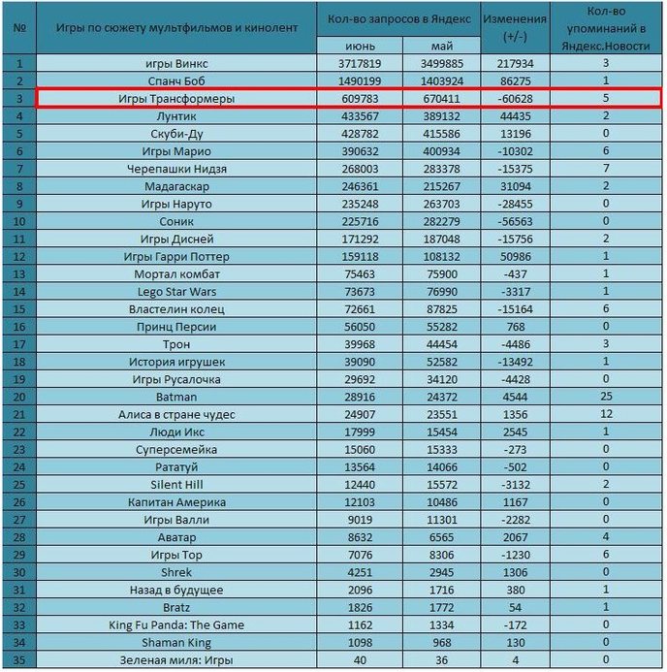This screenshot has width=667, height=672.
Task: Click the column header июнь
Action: [360, 46]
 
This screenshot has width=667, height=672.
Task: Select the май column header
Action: [442, 46]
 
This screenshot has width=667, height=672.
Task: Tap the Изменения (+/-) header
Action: [515, 28]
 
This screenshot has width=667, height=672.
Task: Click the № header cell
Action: [19, 28]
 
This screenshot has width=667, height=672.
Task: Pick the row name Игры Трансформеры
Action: [176, 99]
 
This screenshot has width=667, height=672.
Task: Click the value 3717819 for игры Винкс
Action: [360, 64]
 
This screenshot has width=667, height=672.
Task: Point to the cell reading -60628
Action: [515, 99]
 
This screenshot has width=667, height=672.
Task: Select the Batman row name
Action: [176, 397]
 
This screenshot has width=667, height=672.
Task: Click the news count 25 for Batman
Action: [606, 397]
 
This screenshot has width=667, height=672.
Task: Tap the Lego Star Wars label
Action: [176, 292]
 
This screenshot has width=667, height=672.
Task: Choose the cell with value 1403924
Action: [442, 81]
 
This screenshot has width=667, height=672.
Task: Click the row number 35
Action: [19, 660]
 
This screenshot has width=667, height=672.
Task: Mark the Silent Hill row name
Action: [176, 485]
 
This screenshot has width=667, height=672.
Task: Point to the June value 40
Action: [360, 660]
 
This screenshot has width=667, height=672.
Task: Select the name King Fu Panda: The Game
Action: [176, 624]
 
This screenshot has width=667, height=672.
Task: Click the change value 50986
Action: [516, 257]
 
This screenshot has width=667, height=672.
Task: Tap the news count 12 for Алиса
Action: [606, 414]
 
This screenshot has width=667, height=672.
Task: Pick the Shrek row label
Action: [176, 572]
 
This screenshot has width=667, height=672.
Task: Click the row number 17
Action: [19, 344]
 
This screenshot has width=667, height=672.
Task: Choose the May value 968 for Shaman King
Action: [442, 643]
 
